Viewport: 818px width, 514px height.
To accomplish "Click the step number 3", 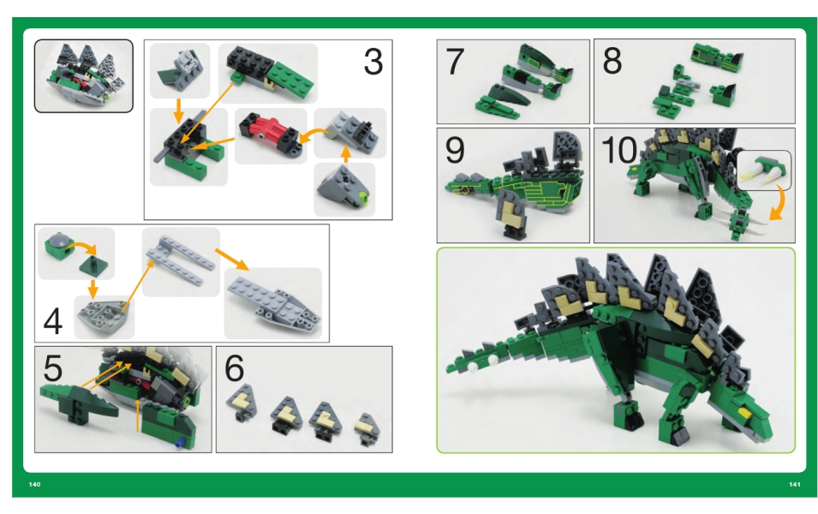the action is coord(373,62).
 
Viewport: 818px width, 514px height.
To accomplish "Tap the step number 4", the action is coord(53,321).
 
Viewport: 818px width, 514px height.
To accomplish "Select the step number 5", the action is coord(53,368).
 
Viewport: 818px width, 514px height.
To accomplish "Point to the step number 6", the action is coord(234,368).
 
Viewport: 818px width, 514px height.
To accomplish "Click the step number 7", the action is coord(455,62).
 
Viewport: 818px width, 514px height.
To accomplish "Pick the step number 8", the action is coord(612,61).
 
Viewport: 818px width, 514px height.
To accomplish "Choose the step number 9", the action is coord(455,150).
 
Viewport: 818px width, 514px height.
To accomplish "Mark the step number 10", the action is coord(619,150).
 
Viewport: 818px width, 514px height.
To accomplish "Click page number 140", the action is coord(34,484).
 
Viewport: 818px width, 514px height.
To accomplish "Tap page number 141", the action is coord(795,484).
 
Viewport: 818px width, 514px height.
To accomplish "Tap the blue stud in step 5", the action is coord(180,443).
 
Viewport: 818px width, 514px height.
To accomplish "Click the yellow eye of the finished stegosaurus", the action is coord(744,413).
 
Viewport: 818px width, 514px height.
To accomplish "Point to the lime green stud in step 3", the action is coord(363,198).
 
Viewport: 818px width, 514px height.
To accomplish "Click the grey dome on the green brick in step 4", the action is coord(57,241).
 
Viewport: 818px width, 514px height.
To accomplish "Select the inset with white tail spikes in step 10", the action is coord(764,170).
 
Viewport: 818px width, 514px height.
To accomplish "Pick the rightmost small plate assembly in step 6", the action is coord(367,429).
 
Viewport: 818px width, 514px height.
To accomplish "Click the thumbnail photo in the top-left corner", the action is coord(84,75).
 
